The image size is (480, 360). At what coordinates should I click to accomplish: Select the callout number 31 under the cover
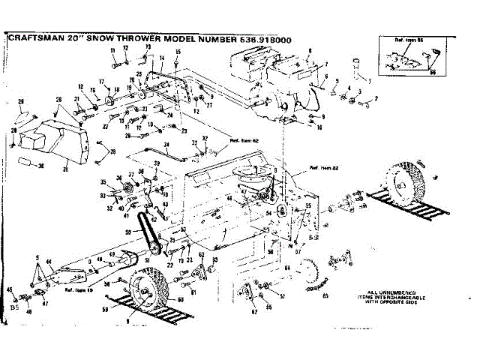point(65,169)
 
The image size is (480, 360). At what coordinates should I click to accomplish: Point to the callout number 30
point(42,166)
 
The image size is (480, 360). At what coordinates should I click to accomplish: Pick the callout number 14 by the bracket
point(162,58)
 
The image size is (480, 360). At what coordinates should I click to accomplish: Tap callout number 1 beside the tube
point(368,80)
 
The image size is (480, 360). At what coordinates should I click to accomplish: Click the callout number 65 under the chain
point(325,295)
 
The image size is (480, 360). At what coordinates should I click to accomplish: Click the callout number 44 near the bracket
point(49,262)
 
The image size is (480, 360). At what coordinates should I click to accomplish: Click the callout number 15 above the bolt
point(178,52)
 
